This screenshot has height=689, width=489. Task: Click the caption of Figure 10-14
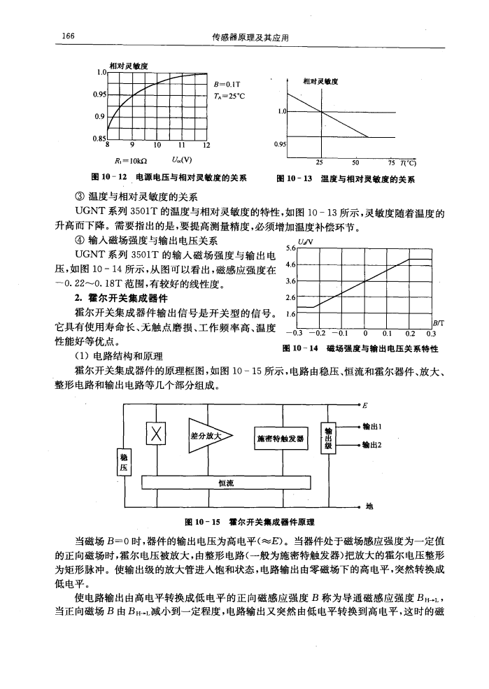coord(376,348)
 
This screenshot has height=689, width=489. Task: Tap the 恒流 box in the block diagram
coord(225,481)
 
